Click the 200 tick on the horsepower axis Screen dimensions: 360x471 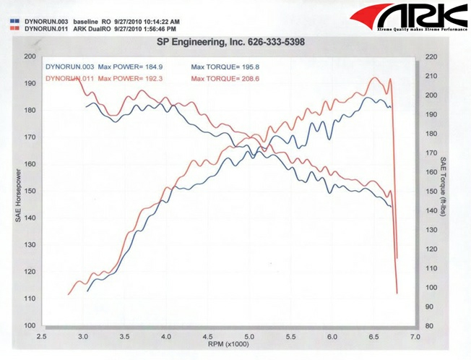(30, 56)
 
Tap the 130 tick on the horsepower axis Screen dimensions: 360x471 (30, 245)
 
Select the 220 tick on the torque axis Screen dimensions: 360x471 (432, 56)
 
